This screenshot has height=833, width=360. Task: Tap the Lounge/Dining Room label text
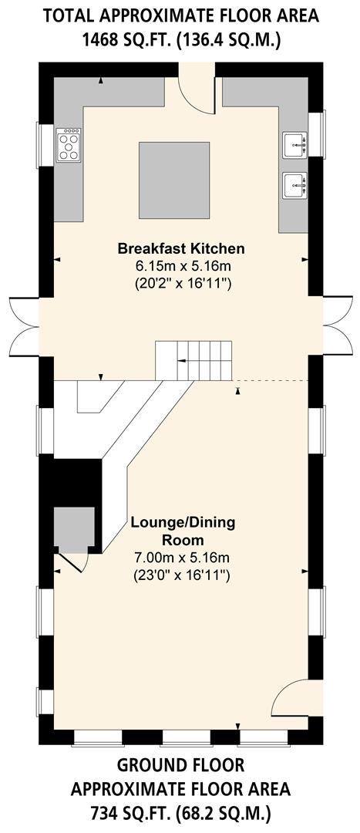tap(183, 531)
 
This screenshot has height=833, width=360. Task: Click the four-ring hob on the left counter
tap(69, 144)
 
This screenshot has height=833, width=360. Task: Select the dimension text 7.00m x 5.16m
tap(183, 558)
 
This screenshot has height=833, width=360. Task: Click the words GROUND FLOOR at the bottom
tap(180, 765)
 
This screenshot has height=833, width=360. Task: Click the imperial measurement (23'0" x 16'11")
tap(183, 575)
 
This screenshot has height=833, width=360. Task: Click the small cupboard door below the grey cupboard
tap(75, 563)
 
